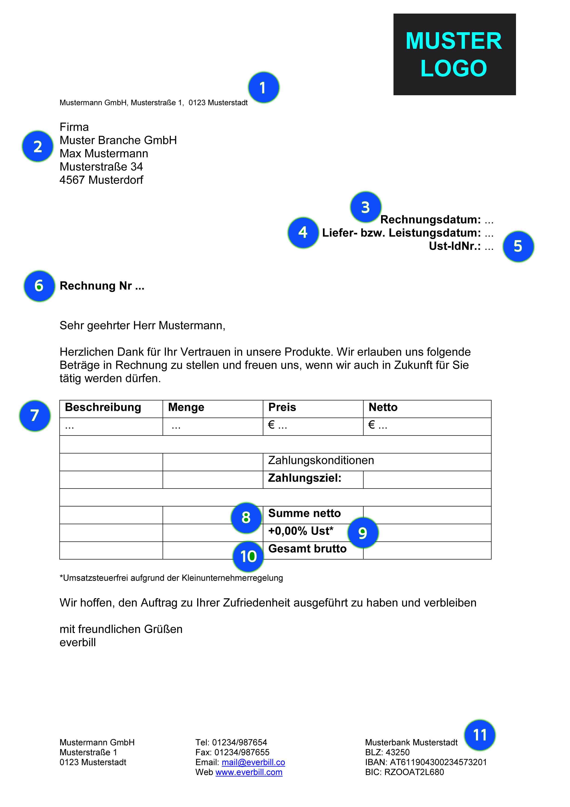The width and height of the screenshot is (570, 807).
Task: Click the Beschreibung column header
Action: (103, 407)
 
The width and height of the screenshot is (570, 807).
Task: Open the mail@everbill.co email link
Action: (253, 762)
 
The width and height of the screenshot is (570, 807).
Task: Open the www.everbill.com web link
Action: (249, 772)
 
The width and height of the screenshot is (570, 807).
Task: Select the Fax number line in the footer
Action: (232, 752)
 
